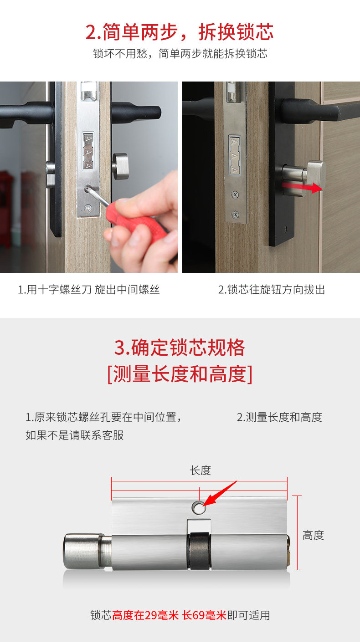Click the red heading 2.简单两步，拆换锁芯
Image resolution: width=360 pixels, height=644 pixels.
(x=180, y=32)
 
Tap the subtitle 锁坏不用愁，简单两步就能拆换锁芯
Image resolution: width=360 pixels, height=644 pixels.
(x=180, y=54)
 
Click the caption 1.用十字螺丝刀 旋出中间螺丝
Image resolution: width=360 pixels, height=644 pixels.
(x=89, y=290)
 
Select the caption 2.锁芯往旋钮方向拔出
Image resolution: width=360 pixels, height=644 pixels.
(x=271, y=290)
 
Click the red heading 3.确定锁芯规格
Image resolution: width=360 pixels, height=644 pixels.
(x=180, y=348)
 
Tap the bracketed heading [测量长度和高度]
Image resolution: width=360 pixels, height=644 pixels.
(x=180, y=374)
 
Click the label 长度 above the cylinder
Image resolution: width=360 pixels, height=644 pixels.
(x=201, y=471)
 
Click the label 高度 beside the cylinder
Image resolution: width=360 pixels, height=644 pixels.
(x=313, y=535)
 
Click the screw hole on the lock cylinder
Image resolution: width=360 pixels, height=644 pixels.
(x=199, y=508)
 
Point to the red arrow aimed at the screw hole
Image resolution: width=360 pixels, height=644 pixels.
(x=220, y=493)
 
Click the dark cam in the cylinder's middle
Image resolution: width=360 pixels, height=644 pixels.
(x=199, y=551)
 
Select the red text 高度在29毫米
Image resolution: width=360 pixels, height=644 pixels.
(x=145, y=615)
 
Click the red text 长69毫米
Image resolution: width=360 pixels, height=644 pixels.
(x=205, y=615)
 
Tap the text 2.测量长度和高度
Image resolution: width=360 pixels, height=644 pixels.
(x=279, y=417)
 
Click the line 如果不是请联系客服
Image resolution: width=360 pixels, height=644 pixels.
(x=75, y=435)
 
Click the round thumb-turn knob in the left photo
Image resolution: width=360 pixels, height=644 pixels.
(x=121, y=166)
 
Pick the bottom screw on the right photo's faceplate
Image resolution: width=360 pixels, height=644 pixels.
(x=236, y=214)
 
